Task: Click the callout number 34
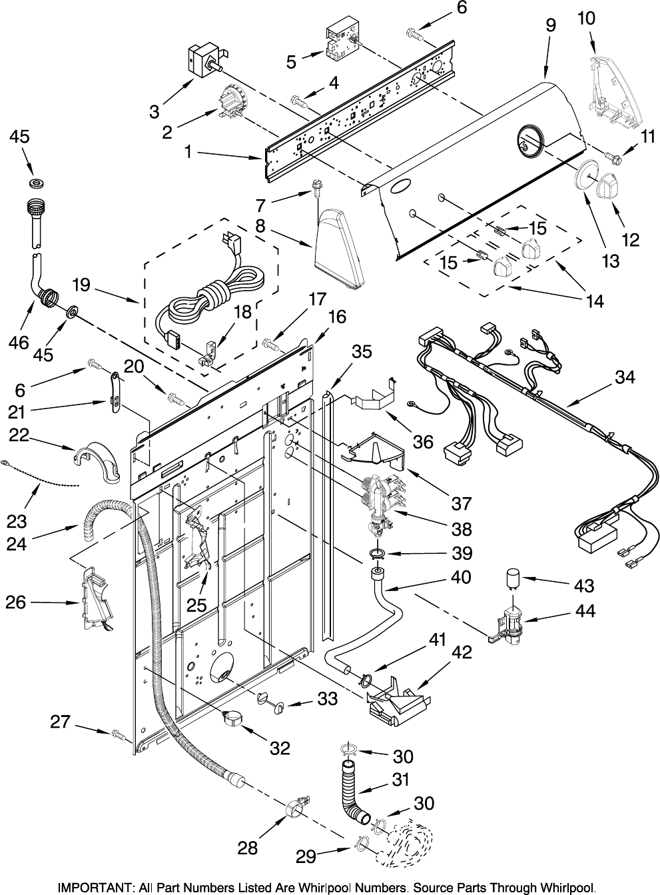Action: pyautogui.click(x=625, y=377)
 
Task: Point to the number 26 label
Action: pyautogui.click(x=16, y=602)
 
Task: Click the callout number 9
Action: pyautogui.click(x=550, y=25)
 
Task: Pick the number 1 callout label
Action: pyautogui.click(x=188, y=152)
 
